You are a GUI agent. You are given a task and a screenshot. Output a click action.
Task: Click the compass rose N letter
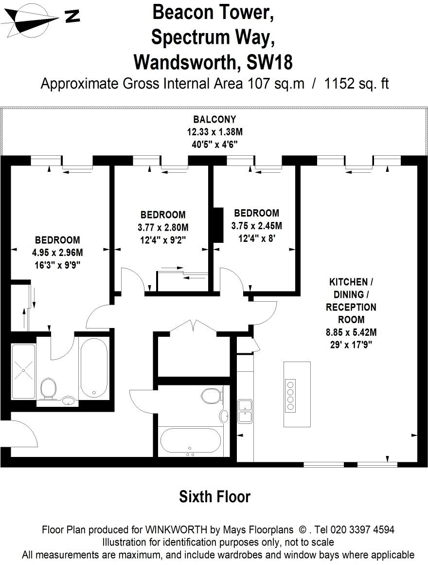(x=72, y=16)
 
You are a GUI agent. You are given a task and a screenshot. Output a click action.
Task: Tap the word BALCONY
(x=214, y=119)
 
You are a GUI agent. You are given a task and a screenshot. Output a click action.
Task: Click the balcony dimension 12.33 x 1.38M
(x=214, y=131)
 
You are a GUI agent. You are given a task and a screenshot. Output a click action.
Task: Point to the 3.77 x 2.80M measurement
(x=162, y=227)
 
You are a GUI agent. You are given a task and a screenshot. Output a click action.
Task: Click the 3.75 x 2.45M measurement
(x=257, y=226)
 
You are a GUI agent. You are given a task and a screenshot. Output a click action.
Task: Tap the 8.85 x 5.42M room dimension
(x=351, y=333)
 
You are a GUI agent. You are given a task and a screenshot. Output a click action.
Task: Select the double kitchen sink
(x=244, y=410)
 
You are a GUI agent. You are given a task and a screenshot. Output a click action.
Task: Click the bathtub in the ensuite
(x=94, y=367)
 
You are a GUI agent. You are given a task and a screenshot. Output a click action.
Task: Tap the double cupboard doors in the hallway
(x=194, y=327)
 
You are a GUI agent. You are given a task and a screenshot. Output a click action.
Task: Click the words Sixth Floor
(x=214, y=496)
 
